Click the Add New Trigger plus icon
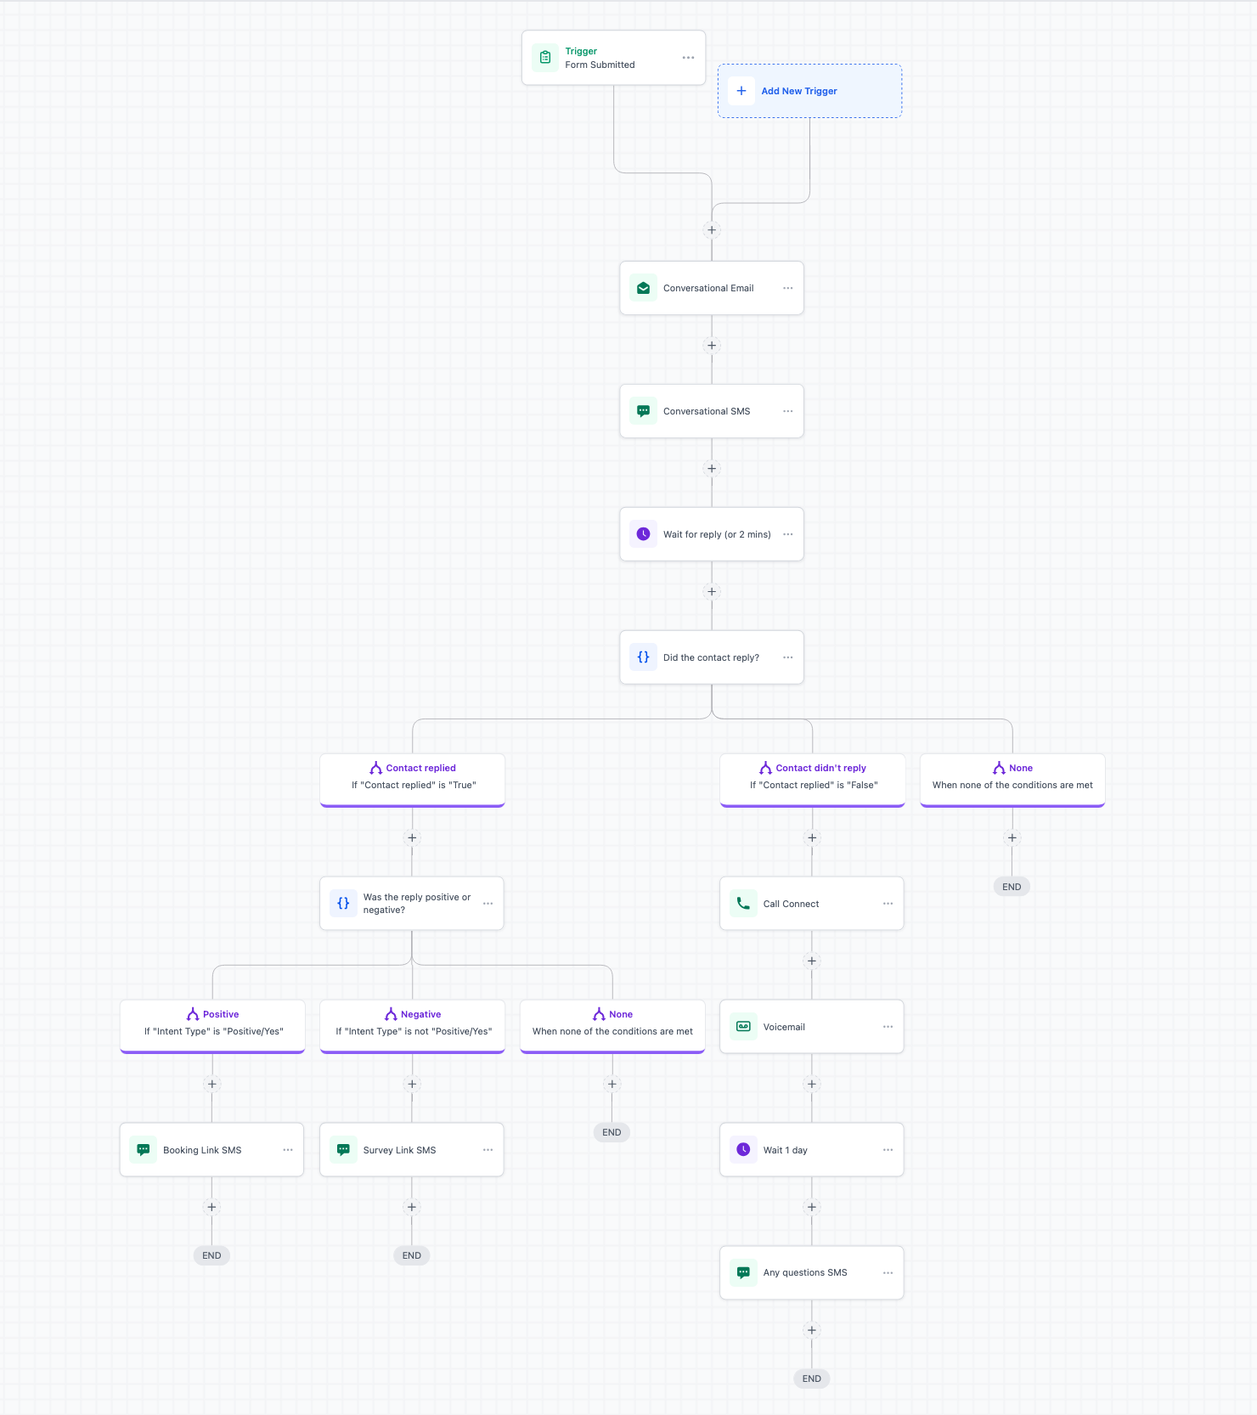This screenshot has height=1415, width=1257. point(741,91)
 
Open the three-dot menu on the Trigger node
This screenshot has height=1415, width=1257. point(688,58)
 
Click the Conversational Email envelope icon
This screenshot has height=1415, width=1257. point(644,288)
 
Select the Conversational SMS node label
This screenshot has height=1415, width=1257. point(707,411)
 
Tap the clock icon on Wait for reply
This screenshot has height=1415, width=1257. point(644,534)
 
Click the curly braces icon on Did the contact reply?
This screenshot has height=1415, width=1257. point(644,657)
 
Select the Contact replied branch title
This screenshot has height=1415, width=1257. point(420,768)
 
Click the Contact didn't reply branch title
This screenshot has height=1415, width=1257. point(820,768)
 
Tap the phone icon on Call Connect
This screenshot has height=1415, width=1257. point(743,904)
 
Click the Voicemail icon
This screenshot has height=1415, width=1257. point(743,1027)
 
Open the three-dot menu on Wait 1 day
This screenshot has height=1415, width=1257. point(888,1150)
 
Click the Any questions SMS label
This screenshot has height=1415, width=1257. point(805,1272)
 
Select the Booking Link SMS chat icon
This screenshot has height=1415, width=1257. point(144,1150)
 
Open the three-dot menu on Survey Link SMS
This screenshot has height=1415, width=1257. point(488,1150)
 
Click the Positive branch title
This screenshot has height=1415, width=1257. point(221,1014)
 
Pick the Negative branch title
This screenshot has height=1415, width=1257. point(420,1014)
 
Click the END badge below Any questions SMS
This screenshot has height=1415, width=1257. point(812,1378)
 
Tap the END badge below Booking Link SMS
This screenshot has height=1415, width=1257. point(211,1255)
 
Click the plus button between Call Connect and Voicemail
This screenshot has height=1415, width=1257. point(812,961)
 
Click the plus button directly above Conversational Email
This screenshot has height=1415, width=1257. point(712,230)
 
